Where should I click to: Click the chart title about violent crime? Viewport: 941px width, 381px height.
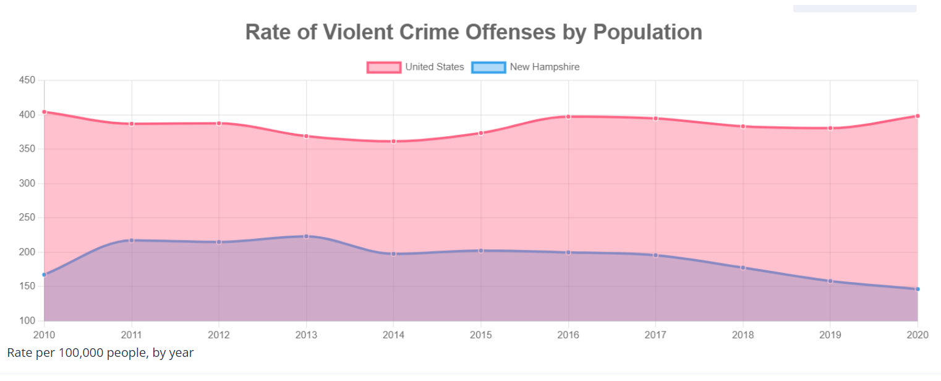pos(474,32)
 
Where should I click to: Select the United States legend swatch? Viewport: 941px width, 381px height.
pos(384,67)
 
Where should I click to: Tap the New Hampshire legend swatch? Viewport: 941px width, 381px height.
pos(488,67)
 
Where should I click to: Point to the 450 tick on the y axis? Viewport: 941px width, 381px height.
pos(27,80)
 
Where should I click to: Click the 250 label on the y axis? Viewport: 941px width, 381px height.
pos(27,218)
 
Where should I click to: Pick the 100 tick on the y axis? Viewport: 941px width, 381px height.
pos(27,321)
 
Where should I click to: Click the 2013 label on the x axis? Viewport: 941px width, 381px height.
pos(306,335)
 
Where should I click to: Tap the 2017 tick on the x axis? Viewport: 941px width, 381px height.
pos(655,335)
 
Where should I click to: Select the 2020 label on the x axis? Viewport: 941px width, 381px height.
pos(917,335)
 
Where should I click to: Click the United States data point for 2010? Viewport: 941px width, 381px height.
pos(44,112)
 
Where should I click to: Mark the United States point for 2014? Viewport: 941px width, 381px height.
pos(393,142)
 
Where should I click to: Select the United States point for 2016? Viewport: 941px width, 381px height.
pos(568,116)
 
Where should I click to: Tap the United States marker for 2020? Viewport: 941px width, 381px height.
pos(918,116)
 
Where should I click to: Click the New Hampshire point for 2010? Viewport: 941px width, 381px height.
pos(44,275)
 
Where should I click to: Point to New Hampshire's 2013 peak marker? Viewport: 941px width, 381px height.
pos(306,236)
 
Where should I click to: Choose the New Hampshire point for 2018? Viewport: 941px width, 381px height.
pos(743,268)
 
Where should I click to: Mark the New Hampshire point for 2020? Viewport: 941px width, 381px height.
pos(918,289)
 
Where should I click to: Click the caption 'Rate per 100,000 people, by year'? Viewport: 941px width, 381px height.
pos(100,353)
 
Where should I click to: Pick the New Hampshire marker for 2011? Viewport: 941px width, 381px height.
pos(131,240)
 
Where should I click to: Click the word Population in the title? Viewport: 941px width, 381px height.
pos(648,32)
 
